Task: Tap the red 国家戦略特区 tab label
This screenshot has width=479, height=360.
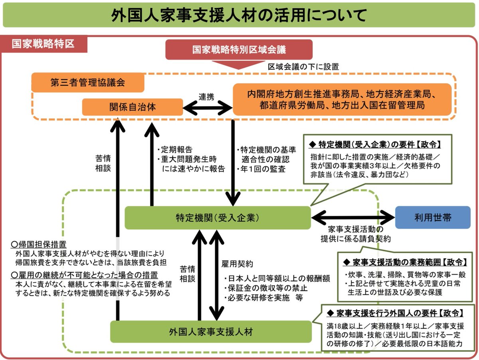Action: (x=43, y=44)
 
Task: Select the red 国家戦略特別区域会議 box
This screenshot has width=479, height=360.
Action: (x=239, y=50)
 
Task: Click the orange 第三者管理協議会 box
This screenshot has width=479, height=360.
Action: (x=88, y=83)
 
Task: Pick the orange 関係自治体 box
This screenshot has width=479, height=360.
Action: (x=132, y=107)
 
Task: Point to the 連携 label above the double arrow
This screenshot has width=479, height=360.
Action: (x=206, y=97)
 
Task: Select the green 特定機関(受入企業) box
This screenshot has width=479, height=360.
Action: (x=218, y=218)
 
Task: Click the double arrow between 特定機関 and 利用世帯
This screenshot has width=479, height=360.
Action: (x=353, y=218)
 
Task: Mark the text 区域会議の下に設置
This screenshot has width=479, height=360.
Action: (x=303, y=67)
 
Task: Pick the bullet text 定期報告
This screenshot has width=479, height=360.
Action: (x=176, y=150)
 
